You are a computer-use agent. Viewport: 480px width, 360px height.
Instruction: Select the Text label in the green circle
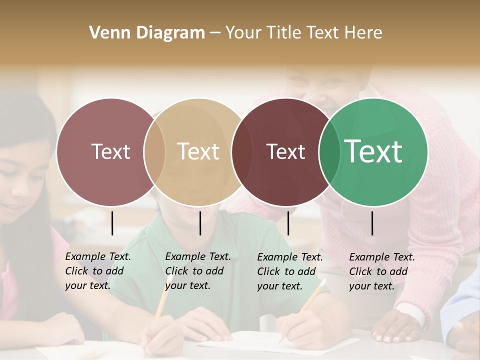373,151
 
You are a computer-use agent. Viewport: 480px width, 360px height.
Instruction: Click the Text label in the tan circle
198,151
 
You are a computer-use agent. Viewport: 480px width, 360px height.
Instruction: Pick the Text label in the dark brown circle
286,151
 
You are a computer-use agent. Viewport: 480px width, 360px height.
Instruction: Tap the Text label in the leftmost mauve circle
110,151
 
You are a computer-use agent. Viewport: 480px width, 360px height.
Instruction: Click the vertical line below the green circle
372,223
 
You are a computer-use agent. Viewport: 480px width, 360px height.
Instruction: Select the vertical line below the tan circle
200,223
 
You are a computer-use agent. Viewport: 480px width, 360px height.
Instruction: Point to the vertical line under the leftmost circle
112,223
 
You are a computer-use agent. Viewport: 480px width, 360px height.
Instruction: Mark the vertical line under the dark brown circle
288,223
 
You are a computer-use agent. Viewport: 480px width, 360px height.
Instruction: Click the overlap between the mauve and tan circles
154,152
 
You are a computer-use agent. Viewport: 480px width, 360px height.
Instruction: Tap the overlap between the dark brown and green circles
329,152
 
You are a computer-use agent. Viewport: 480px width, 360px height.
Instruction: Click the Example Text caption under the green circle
381,271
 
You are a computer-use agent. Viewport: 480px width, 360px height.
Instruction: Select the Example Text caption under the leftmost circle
97,271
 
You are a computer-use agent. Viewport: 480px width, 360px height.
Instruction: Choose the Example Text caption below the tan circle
197,271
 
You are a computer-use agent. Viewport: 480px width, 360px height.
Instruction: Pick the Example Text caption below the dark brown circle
289,271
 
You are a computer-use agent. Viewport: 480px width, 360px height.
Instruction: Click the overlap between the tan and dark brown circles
242,152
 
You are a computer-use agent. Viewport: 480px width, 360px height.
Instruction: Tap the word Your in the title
243,33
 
